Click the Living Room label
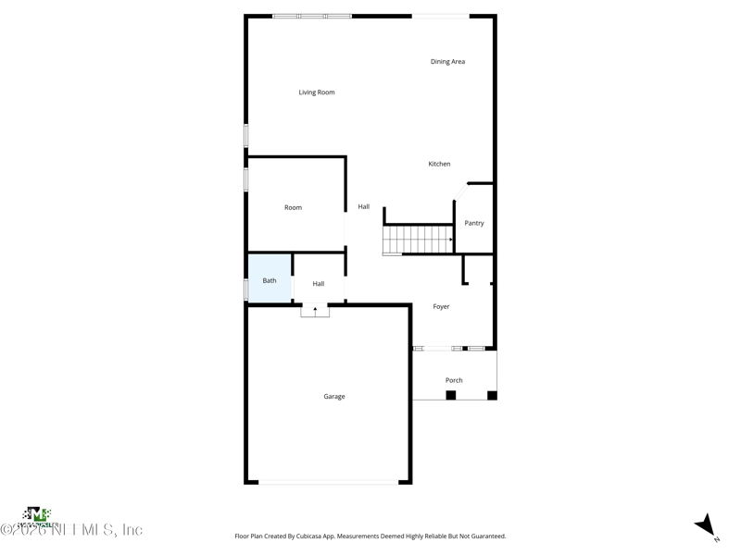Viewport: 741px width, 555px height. pos(317,92)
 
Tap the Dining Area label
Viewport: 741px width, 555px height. pos(447,62)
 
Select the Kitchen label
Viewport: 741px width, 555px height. pos(439,164)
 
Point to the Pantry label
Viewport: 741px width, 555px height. pos(474,223)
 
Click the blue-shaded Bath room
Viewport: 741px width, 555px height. pos(270,277)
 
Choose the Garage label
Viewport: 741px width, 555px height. pos(334,397)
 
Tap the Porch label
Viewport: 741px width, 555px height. pos(454,380)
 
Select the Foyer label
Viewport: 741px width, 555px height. pos(441,306)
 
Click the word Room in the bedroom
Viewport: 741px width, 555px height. pos(293,207)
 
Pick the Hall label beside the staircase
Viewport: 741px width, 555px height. pos(364,206)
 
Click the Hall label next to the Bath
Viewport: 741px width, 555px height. pos(319,284)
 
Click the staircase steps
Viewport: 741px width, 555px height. pos(417,240)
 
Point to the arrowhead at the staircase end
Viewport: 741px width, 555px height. pos(451,240)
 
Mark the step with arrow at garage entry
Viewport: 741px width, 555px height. pos(315,311)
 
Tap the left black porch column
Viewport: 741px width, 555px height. pos(451,395)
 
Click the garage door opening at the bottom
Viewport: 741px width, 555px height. pos(328,481)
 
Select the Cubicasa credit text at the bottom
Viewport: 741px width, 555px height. pos(370,536)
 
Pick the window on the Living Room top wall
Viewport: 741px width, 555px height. pos(312,16)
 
